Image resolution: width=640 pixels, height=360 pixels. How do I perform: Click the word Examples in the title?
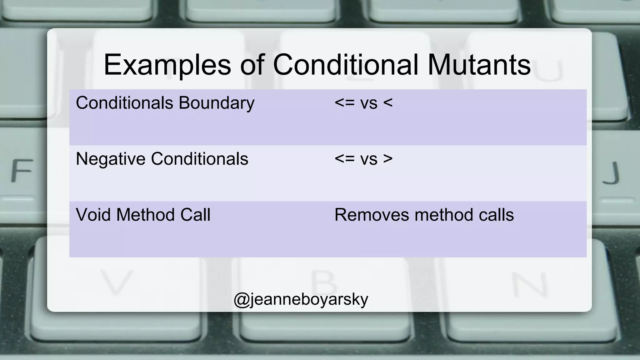click(167, 65)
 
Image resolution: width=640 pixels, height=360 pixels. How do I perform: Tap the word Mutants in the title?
click(479, 65)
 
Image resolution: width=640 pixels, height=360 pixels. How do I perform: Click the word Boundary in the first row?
click(217, 103)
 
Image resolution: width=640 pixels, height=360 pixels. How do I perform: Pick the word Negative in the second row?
click(110, 159)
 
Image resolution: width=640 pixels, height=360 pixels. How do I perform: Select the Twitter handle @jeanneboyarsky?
click(301, 299)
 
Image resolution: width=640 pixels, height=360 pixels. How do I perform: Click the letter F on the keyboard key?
click(22, 171)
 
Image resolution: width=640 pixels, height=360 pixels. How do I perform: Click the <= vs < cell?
click(363, 103)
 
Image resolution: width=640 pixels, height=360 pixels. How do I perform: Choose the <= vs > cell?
click(363, 159)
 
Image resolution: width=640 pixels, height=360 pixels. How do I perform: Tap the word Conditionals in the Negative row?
click(199, 159)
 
